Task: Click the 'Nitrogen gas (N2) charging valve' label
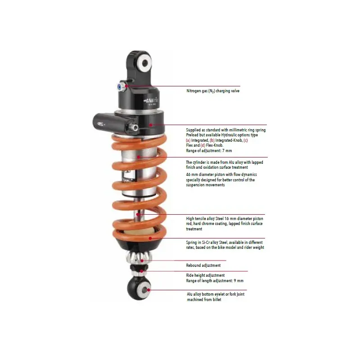point(213,91)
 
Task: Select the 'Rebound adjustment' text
point(203,265)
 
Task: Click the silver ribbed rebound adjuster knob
point(139,257)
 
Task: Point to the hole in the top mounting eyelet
point(145,63)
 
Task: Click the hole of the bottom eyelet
point(144,290)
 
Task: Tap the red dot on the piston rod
point(138,215)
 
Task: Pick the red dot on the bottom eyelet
point(148,290)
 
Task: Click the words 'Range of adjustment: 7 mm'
point(209,151)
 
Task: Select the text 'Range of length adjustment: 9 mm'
point(215,281)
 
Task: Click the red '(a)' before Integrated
point(188,140)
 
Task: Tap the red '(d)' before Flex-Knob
point(203,145)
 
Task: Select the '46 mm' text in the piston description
point(192,175)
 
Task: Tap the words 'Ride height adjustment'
point(205,275)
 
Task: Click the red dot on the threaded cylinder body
point(139,157)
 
